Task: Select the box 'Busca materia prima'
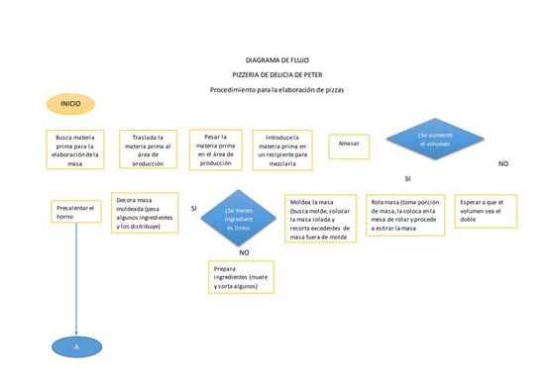(x=75, y=149)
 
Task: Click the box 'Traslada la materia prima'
(x=149, y=149)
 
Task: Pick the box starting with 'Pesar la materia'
(x=216, y=148)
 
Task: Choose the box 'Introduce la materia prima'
(x=283, y=149)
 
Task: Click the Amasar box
(x=348, y=144)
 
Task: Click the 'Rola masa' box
(x=404, y=215)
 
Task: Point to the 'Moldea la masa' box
(x=319, y=219)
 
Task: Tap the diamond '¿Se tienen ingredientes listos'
(x=238, y=219)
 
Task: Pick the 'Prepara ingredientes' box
(x=242, y=276)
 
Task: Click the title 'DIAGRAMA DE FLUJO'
(x=277, y=61)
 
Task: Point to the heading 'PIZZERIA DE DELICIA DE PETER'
(x=277, y=75)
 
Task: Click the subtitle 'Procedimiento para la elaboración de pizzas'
(x=277, y=90)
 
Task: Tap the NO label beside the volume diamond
(x=502, y=162)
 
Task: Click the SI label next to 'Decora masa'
(x=194, y=208)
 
